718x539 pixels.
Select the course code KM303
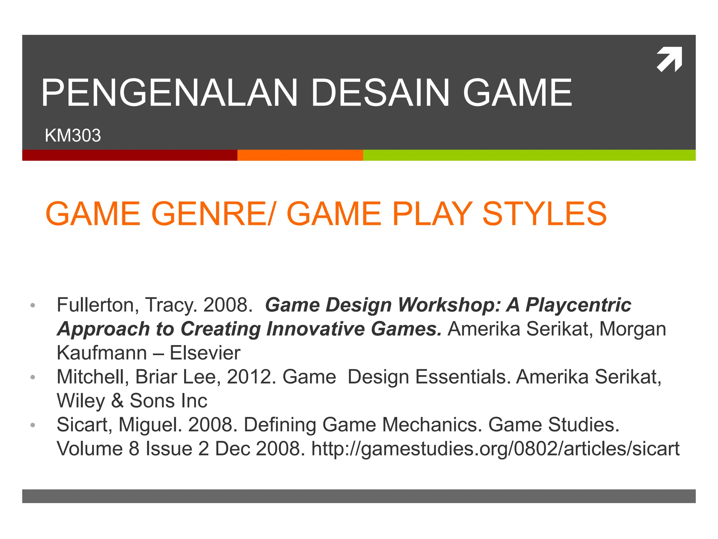point(73,135)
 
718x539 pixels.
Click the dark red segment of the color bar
point(130,155)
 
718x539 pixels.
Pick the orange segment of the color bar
point(300,155)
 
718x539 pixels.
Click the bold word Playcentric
point(578,305)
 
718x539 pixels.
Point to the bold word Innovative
point(315,329)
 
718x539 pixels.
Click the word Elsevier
point(205,353)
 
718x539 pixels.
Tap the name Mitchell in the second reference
point(93,377)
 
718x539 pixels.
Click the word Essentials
point(463,377)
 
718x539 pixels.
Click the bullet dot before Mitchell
point(33,377)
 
